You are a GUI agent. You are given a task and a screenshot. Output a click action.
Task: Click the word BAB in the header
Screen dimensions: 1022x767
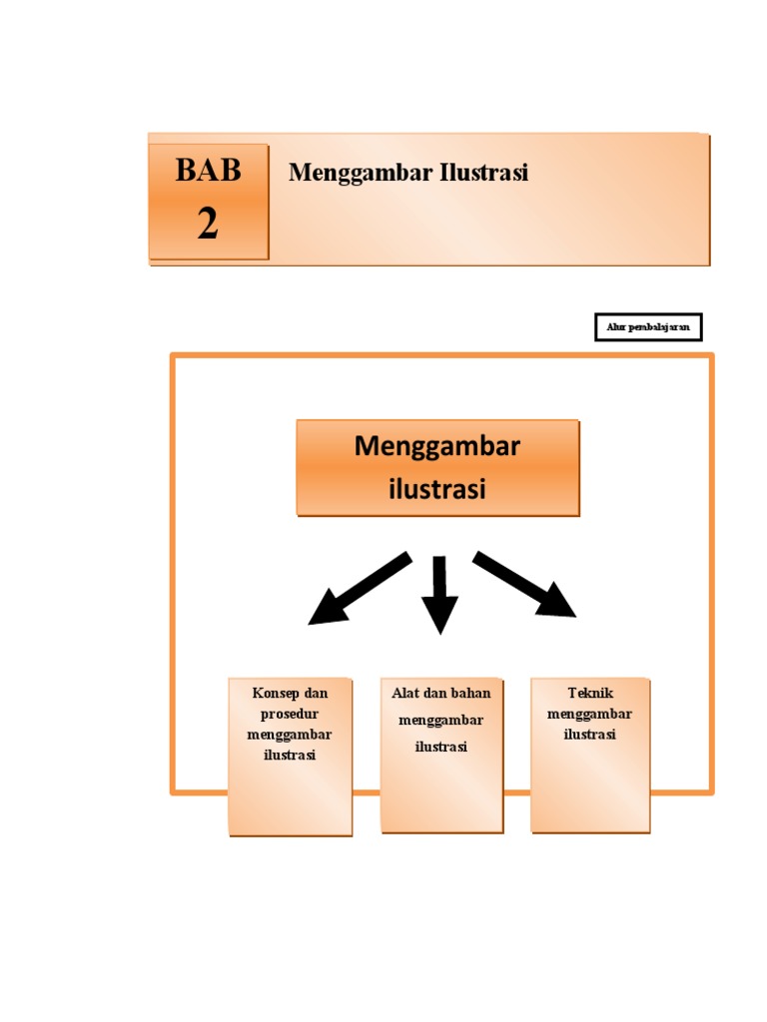tap(208, 171)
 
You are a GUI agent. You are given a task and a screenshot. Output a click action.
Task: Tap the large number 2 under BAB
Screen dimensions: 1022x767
tap(208, 225)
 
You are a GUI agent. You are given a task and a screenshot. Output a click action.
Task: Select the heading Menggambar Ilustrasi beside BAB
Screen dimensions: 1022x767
tap(407, 173)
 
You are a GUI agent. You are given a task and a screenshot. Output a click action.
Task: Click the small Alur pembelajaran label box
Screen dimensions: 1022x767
tap(648, 327)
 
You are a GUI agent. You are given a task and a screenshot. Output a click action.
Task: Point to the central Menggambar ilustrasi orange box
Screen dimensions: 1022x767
tap(437, 467)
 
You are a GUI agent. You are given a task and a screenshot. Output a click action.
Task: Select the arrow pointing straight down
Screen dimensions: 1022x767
tap(438, 593)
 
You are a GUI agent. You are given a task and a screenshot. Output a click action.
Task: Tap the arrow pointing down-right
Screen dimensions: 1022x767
tap(524, 584)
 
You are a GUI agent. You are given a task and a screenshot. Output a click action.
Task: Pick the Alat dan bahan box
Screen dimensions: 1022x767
tap(441, 756)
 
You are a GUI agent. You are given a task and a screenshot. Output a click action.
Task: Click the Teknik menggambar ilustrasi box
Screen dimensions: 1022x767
tap(590, 756)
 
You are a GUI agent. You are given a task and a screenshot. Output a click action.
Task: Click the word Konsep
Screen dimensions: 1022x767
tap(275, 693)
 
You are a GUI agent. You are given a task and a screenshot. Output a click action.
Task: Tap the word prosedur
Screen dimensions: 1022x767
tap(290, 714)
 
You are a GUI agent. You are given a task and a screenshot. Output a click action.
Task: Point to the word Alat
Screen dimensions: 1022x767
tap(405, 693)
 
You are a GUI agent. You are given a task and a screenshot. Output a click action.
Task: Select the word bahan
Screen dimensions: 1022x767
tap(470, 693)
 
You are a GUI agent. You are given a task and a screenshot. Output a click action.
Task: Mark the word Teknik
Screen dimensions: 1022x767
tap(590, 693)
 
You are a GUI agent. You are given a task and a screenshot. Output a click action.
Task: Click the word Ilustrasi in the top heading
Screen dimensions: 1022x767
tap(482, 173)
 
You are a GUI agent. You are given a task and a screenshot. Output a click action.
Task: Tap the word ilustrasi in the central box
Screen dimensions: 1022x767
tap(436, 490)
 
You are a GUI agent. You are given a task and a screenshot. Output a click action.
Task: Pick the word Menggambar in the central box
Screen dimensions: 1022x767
tap(437, 446)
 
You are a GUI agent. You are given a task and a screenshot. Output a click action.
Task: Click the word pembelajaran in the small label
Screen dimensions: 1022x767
tap(657, 327)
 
